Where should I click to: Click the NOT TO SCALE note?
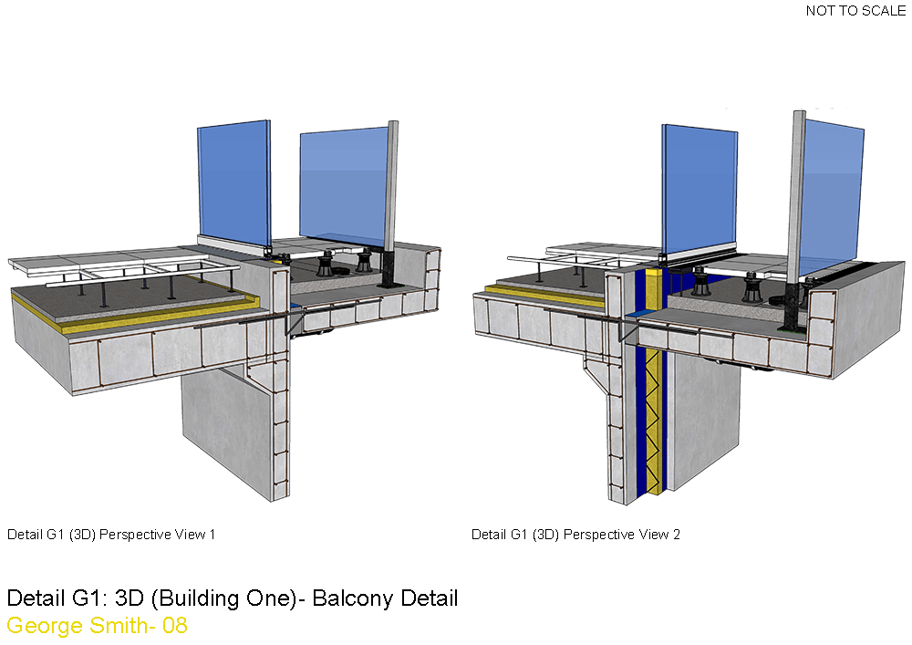point(855,10)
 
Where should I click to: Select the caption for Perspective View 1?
point(111,534)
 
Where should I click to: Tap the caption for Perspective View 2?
point(575,534)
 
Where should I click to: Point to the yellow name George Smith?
point(77,626)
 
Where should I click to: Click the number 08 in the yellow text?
point(174,626)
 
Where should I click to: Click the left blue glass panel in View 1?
point(234,182)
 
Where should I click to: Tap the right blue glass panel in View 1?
point(344,183)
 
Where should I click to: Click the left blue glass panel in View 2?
point(700,188)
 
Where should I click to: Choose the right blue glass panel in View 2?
point(831,196)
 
